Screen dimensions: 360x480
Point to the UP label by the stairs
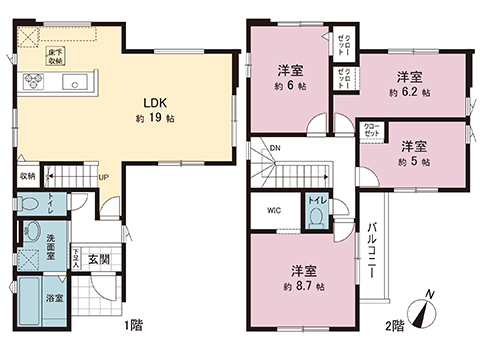pyautogui.click(x=103, y=178)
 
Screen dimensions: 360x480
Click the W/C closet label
pyautogui.click(x=273, y=210)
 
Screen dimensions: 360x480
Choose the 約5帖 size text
pyautogui.click(x=412, y=160)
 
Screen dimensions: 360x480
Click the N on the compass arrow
pyautogui.click(x=428, y=292)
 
